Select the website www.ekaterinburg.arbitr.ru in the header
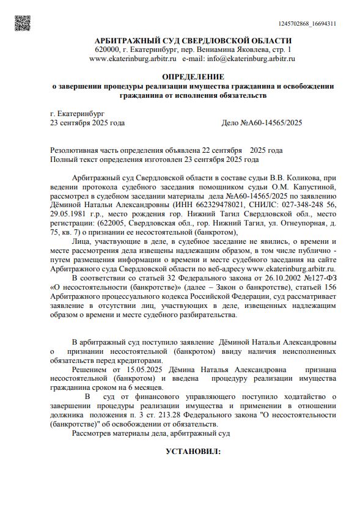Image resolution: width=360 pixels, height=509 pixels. pos(133,59)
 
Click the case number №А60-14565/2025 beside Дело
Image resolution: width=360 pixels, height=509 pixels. pos(273,123)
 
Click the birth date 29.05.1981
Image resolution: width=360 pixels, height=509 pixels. pos(67,215)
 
